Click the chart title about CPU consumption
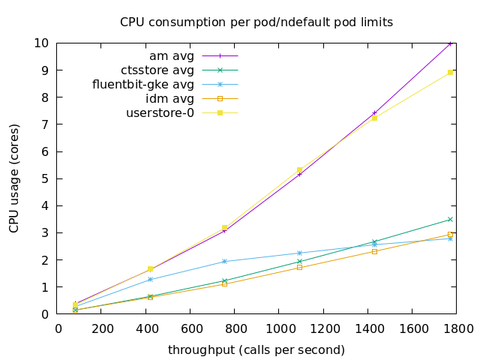[256, 22]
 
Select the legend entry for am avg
[172, 56]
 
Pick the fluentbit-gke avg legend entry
[142, 85]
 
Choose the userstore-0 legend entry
[160, 113]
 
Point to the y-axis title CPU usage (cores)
[14, 178]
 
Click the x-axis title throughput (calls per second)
[256, 349]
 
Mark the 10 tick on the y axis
[43, 43]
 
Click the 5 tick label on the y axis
[46, 178]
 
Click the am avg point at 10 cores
[450, 43]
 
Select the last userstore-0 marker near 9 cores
[450, 72]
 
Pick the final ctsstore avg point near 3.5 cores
[450, 219]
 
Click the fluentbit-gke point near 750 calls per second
[224, 261]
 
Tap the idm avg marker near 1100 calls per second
[299, 267]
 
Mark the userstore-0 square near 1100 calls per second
[299, 170]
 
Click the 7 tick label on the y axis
[46, 124]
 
